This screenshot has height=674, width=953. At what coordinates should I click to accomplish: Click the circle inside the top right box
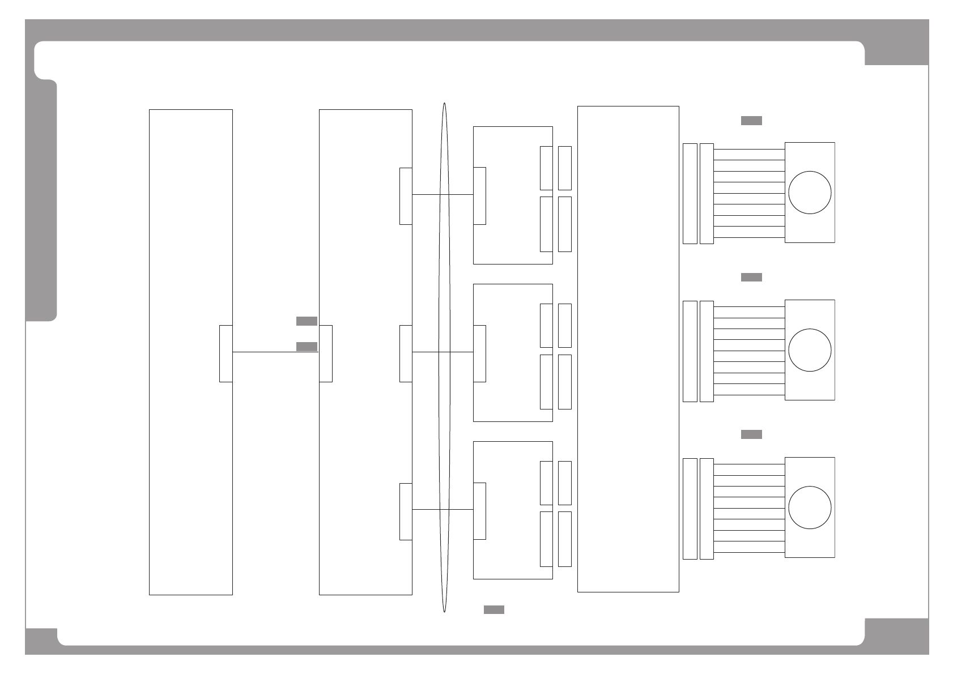pos(810,193)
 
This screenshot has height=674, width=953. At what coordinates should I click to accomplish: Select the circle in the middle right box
pos(810,350)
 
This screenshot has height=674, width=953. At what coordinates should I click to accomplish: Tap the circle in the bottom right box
pos(810,507)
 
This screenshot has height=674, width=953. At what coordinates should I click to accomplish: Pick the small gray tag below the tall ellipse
pos(493,609)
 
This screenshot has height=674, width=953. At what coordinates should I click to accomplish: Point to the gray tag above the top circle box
pos(751,120)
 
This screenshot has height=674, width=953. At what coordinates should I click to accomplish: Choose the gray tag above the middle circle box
pos(751,277)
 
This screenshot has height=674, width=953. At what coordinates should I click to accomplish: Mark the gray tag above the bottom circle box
pos(751,434)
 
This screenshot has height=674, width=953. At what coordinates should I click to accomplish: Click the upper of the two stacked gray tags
pos(307,321)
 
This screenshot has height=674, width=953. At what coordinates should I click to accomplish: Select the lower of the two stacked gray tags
pos(307,347)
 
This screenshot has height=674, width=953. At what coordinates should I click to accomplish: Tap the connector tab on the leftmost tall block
pos(226,353)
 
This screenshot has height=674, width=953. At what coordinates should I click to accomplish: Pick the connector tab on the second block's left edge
pos(326,353)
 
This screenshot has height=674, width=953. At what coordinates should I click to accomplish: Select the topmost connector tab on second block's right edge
pos(406,196)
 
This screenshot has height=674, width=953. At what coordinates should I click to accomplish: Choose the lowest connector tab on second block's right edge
pos(406,511)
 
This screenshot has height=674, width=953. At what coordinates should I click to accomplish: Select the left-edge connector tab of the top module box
pos(479,196)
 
